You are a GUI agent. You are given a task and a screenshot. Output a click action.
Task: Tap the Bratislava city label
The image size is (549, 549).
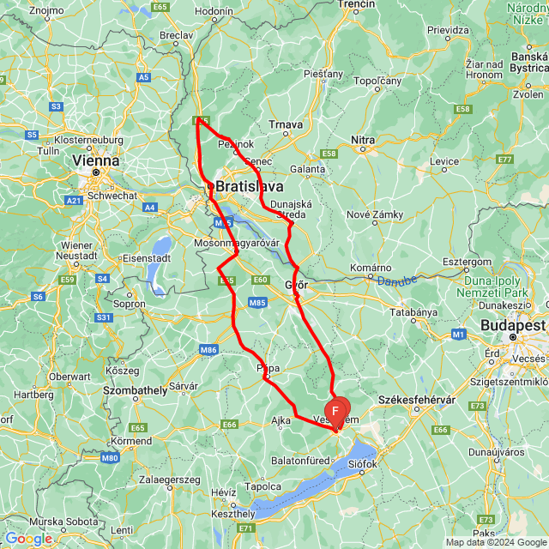(x=250, y=185)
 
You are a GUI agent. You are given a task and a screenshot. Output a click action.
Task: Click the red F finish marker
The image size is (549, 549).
(x=335, y=411)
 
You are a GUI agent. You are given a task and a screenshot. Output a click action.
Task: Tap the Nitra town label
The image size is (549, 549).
(x=363, y=139)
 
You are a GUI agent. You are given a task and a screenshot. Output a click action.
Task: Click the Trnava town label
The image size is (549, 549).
(x=286, y=124)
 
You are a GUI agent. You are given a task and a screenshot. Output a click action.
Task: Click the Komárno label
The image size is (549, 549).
(x=371, y=268)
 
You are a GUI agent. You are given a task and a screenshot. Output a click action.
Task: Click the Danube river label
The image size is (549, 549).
(x=396, y=281)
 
